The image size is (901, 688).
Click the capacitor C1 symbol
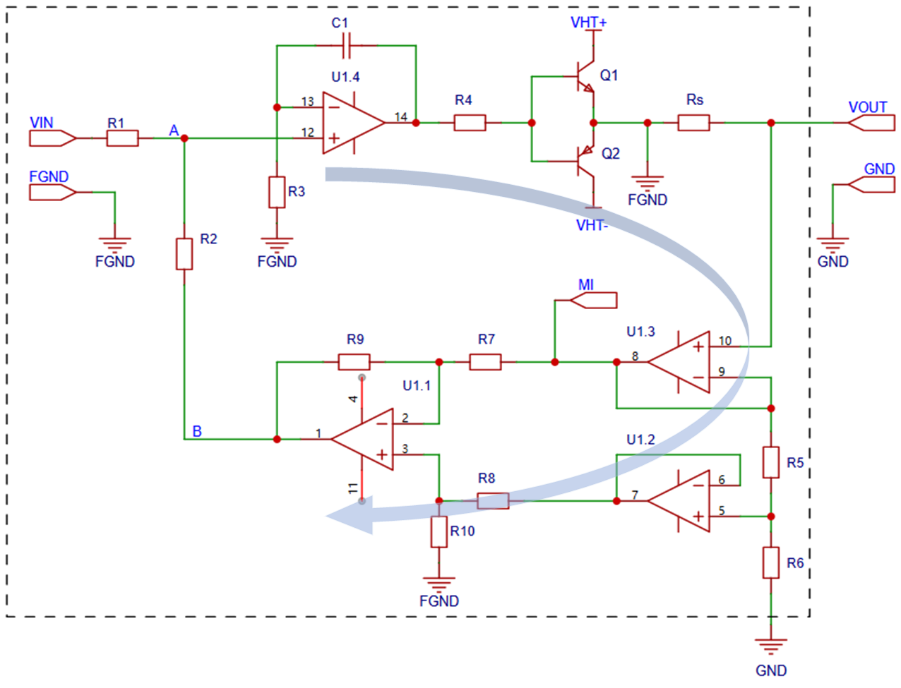pos(346,46)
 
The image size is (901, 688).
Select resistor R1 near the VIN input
pos(122,138)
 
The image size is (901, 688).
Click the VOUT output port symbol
pos(871,123)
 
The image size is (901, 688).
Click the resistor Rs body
pos(693,123)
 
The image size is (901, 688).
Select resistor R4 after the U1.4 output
pos(470,123)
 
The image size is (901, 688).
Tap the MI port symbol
pos(593,301)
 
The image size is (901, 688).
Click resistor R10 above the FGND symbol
pos(439,532)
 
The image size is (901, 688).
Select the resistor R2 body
pos(184,254)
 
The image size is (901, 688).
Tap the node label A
pos(174,131)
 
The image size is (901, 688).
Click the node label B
pos(197,431)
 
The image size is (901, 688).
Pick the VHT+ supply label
pos(588,23)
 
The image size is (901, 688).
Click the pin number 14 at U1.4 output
pos(400,117)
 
